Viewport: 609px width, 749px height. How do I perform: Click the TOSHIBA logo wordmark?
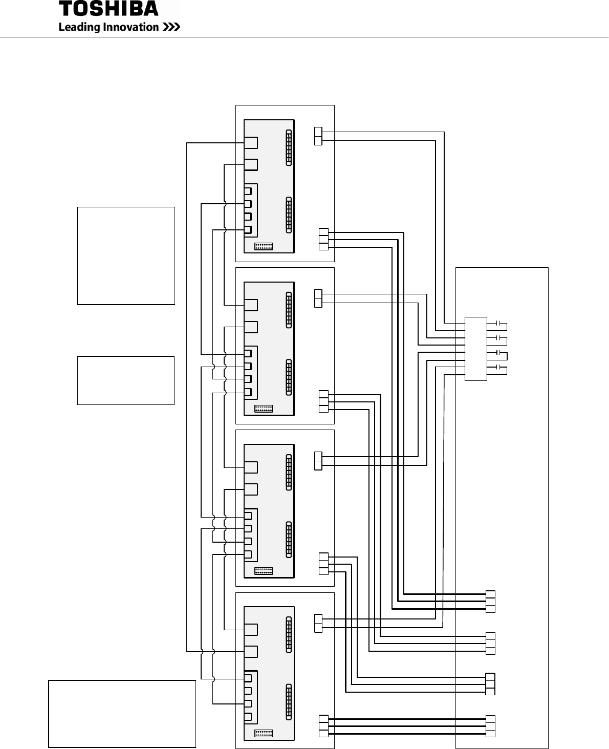(x=108, y=9)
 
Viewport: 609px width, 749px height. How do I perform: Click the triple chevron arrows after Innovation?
(x=171, y=27)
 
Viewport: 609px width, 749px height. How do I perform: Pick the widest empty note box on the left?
(x=122, y=714)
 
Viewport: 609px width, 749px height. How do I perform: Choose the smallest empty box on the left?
(x=126, y=380)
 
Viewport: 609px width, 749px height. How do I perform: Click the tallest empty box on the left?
(x=126, y=255)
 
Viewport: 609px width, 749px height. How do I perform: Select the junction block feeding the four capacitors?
(x=476, y=349)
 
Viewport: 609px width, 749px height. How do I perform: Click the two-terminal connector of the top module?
(x=318, y=136)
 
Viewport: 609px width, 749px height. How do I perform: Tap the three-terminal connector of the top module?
(x=323, y=239)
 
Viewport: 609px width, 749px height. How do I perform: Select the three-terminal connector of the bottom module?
(x=323, y=726)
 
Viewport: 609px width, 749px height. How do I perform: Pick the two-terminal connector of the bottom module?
(x=318, y=623)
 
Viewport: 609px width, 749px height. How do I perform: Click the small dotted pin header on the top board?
(x=264, y=246)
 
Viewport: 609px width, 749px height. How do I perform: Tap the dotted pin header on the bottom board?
(x=264, y=733)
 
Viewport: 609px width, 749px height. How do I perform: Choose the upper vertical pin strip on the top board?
(x=289, y=147)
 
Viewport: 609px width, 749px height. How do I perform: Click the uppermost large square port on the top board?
(x=251, y=142)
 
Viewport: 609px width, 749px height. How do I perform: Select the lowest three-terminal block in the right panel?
(x=490, y=726)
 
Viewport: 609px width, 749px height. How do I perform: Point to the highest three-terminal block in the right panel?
(x=490, y=602)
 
